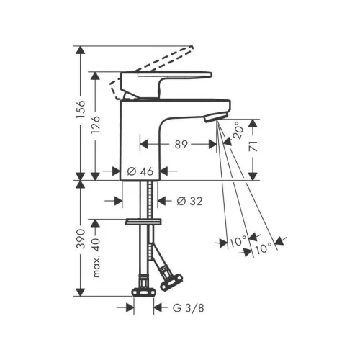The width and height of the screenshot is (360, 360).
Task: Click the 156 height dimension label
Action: (81, 109)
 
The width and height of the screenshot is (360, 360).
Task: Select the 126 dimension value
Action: (96, 125)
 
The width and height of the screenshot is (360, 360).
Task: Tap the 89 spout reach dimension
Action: (181, 145)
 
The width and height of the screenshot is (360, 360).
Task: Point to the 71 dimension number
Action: (253, 146)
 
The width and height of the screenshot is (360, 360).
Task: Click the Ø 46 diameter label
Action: (140, 171)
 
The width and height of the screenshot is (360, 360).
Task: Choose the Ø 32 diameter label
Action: (189, 201)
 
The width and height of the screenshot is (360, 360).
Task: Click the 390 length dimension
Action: (81, 238)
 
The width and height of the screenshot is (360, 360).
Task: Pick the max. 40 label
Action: (96, 258)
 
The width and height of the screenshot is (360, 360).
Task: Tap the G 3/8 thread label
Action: (189, 308)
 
